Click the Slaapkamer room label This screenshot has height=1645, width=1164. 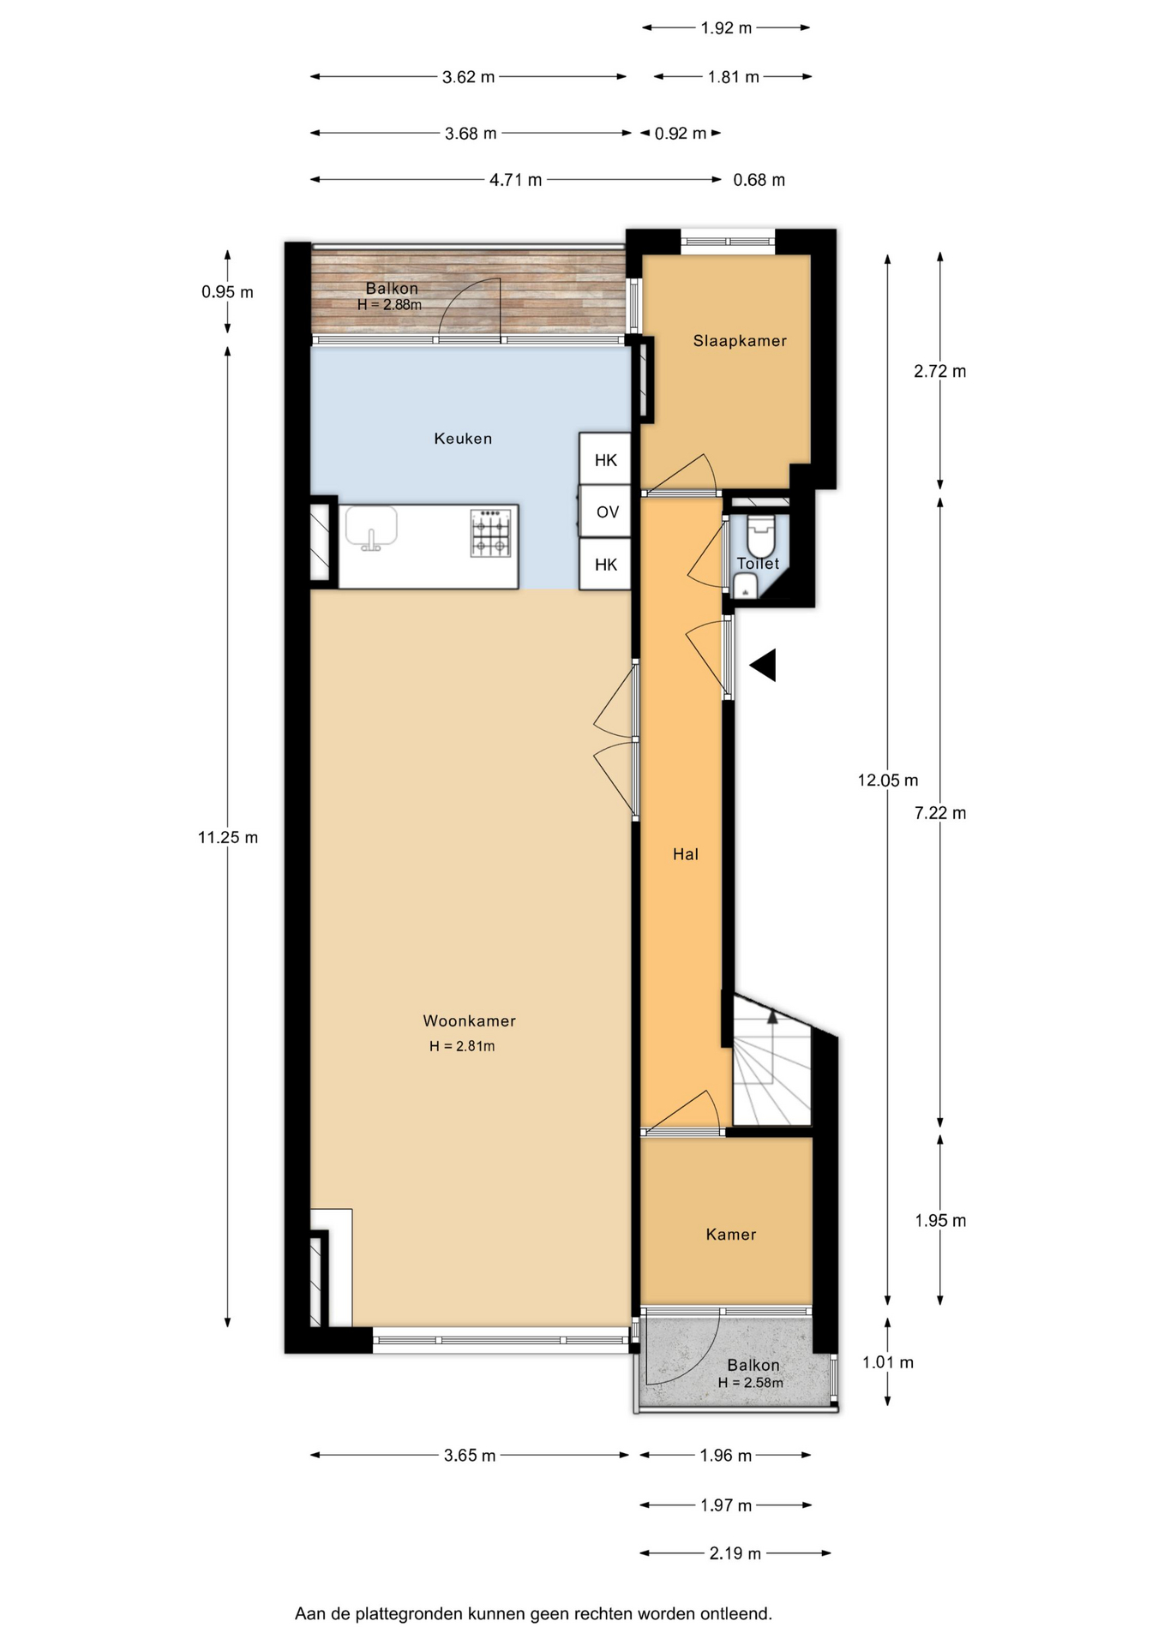click(x=740, y=341)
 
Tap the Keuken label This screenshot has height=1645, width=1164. click(x=463, y=439)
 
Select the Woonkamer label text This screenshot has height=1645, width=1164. click(x=469, y=1020)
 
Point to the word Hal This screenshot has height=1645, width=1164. click(x=686, y=854)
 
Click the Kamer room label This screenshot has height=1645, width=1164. click(x=731, y=1235)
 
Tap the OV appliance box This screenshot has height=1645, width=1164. click(x=606, y=512)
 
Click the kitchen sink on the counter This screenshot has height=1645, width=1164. click(x=371, y=527)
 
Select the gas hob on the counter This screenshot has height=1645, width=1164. click(x=490, y=533)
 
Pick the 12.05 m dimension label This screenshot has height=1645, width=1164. click(x=888, y=781)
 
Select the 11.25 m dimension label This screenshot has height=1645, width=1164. click(x=228, y=838)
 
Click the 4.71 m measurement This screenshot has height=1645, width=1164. click(x=516, y=180)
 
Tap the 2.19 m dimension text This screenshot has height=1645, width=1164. click(x=735, y=1553)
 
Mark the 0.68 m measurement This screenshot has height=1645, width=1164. click(x=759, y=180)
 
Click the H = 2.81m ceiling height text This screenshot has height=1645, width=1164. click(x=462, y=1046)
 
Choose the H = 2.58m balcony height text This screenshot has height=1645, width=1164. click(x=751, y=1383)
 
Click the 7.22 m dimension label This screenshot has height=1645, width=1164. click(x=940, y=813)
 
